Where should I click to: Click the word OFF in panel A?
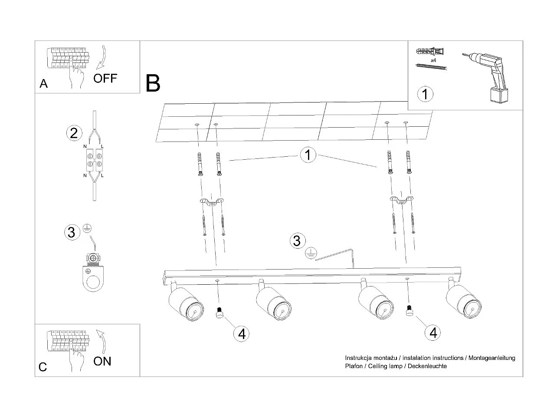(x=105, y=79)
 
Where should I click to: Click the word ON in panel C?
(x=102, y=361)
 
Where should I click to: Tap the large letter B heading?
(x=153, y=83)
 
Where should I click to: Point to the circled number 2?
(x=74, y=133)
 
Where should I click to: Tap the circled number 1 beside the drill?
(x=425, y=94)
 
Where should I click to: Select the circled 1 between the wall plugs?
(x=308, y=155)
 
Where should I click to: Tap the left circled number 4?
(x=242, y=333)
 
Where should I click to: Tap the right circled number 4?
(x=433, y=332)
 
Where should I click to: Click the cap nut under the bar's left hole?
(x=219, y=313)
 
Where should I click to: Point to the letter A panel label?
(x=43, y=84)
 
